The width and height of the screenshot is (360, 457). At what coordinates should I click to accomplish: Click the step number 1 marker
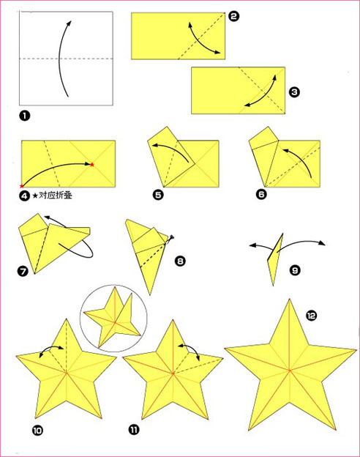coord(24,116)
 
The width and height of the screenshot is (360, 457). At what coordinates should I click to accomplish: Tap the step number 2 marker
coord(233,16)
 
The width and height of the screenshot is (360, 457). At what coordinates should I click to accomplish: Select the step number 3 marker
coord(294,92)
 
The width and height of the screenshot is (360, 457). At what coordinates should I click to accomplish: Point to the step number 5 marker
coord(158,194)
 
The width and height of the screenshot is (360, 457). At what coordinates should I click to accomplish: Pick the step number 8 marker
coord(180,261)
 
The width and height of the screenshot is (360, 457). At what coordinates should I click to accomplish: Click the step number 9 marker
coord(295,270)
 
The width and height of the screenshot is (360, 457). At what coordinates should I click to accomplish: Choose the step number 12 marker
coord(312,316)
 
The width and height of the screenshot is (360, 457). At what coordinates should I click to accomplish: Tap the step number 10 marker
coord(37,430)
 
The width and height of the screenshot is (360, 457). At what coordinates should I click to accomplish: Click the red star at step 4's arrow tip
coord(92,165)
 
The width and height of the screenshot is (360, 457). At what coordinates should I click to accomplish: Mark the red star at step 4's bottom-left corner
coord(21,186)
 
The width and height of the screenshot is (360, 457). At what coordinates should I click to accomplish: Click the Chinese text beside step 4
coord(56,196)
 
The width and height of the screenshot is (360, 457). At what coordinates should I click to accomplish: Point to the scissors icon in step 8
coord(171,238)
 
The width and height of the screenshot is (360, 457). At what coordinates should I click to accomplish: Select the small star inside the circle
coord(113,318)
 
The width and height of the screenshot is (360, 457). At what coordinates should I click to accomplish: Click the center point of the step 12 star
coord(290,371)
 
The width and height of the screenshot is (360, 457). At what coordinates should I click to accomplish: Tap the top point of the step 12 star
coord(289,299)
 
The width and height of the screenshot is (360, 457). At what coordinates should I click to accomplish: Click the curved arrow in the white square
coord(61,59)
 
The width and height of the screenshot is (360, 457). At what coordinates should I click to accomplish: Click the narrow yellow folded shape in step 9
coord(274,259)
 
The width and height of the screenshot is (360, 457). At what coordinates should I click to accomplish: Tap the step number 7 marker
coord(23,271)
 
